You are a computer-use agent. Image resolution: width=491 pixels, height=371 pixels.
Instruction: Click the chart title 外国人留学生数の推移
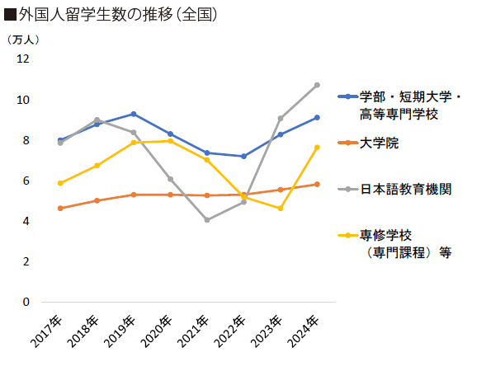pos(107,15)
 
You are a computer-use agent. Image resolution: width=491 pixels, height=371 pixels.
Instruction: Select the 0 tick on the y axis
pos(26,302)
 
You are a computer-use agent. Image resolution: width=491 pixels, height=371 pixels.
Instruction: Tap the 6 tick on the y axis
pos(26,181)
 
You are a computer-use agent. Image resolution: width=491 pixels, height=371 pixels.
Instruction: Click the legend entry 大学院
pos(379,143)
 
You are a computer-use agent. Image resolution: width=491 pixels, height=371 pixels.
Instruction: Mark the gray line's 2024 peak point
pos(317,85)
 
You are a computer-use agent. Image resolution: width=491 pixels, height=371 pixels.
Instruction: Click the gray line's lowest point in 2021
pos(206,220)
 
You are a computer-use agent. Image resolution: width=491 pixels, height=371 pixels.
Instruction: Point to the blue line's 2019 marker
pos(134,114)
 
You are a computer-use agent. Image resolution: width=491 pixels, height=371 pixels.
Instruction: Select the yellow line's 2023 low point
pos(281,209)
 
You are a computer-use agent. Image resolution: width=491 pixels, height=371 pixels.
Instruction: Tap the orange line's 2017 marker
pos(60,209)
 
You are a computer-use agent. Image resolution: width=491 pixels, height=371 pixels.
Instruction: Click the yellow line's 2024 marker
pos(317,148)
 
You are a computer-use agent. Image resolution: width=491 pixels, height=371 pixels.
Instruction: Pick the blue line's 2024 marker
pos(317,118)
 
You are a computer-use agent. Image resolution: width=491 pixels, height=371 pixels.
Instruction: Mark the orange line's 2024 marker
pos(317,185)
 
